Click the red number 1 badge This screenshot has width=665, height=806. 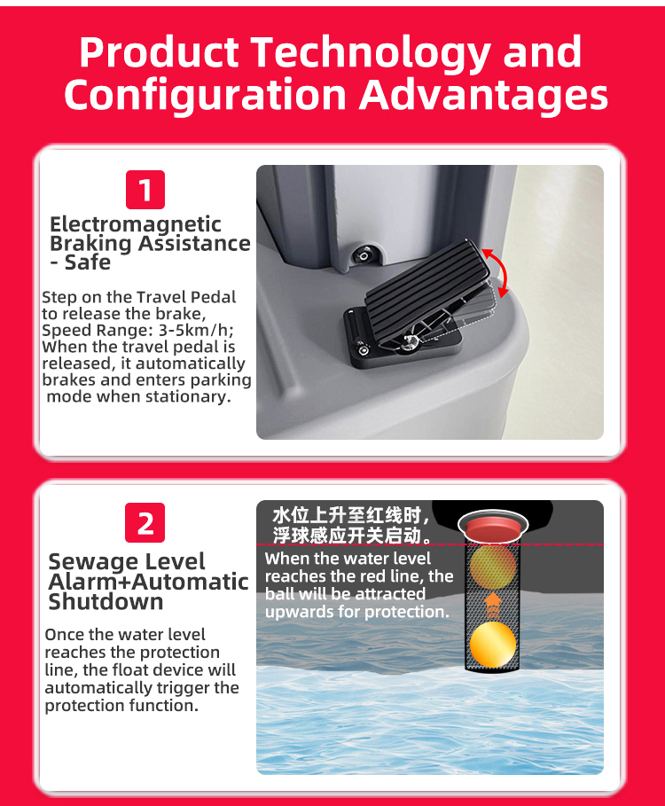[145, 190]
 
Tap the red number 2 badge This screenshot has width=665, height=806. [145, 523]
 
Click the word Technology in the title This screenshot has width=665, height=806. [371, 53]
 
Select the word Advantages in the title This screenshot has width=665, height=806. [483, 96]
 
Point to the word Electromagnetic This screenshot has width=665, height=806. [136, 225]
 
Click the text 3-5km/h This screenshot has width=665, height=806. [195, 330]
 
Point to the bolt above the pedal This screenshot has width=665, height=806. [364, 255]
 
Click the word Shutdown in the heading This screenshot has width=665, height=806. [106, 601]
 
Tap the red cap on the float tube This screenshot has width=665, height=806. [493, 525]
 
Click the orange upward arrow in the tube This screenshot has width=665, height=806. [493, 605]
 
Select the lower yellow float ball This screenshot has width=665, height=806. [493, 645]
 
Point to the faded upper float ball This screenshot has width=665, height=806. [493, 566]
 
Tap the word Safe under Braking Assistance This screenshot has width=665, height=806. [88, 262]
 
